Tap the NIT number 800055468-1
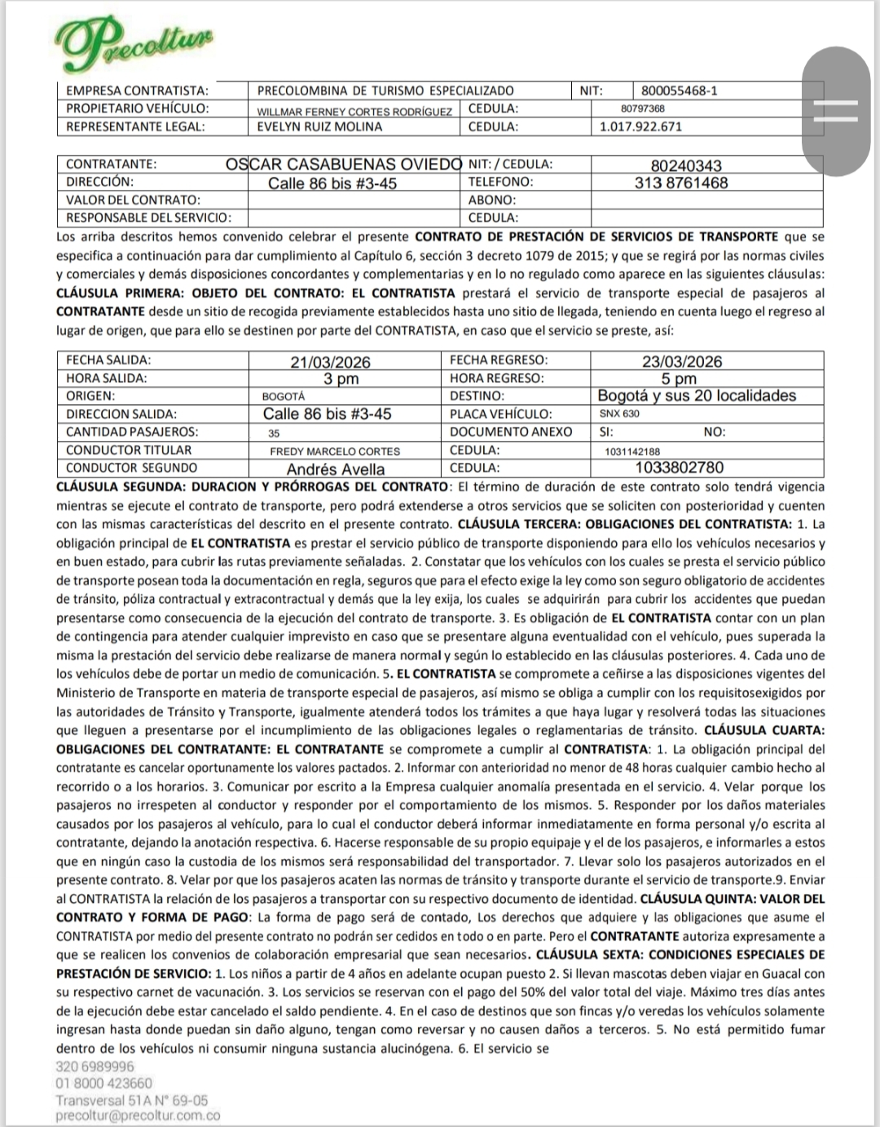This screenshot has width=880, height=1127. pyautogui.click(x=679, y=90)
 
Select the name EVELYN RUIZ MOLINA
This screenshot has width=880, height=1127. pyautogui.click(x=319, y=126)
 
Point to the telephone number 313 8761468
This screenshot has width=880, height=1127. pyautogui.click(x=681, y=183)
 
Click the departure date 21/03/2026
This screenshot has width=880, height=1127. pyautogui.click(x=330, y=362)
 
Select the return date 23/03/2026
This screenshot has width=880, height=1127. pyautogui.click(x=682, y=362)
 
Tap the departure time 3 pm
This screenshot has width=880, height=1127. pyautogui.click(x=341, y=379)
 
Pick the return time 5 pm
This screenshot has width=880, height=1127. pyautogui.click(x=679, y=379)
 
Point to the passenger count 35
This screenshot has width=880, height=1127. pyautogui.click(x=274, y=433)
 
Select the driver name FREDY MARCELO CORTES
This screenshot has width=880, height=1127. pyautogui.click(x=335, y=451)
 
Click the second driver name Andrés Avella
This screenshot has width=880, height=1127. pyautogui.click(x=335, y=469)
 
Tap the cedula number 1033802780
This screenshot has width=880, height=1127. pyautogui.click(x=679, y=468)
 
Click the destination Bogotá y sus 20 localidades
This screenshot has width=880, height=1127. pyautogui.click(x=697, y=396)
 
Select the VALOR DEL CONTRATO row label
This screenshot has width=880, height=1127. pyautogui.click(x=133, y=200)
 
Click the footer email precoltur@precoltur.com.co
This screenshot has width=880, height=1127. pyautogui.click(x=138, y=1116)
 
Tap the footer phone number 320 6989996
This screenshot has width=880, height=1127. pyautogui.click(x=95, y=1066)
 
